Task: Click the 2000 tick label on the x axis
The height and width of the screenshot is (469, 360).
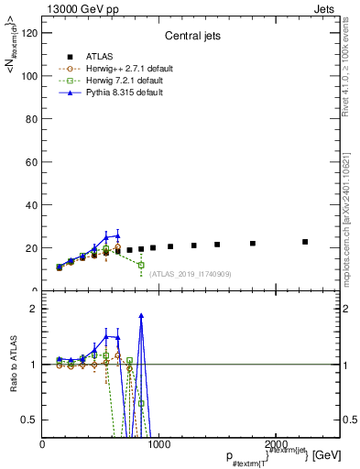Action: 273,443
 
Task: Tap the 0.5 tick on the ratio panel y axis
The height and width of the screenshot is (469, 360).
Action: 30,420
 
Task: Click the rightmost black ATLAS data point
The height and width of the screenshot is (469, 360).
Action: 305,242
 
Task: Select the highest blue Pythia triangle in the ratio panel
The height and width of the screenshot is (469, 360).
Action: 141,315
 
